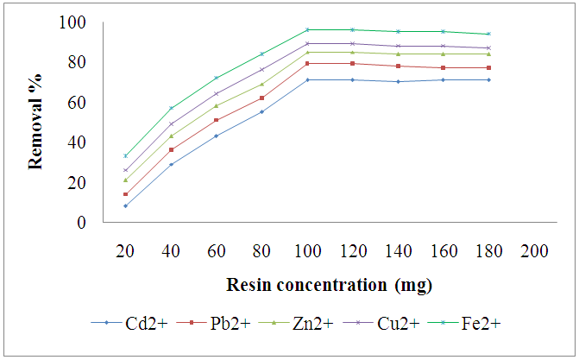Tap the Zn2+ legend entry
coord(301,324)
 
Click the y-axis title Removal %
coord(36,122)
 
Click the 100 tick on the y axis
coord(75,22)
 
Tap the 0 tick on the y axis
coord(81,222)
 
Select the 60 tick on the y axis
coord(78,102)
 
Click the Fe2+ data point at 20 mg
coord(126,155)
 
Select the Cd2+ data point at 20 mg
coord(126,205)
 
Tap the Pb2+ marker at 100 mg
coord(307,63)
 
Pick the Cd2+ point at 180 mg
coord(488,79)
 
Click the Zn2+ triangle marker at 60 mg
coord(217,105)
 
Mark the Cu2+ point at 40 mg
coord(172,123)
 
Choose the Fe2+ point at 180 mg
coord(488,34)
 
